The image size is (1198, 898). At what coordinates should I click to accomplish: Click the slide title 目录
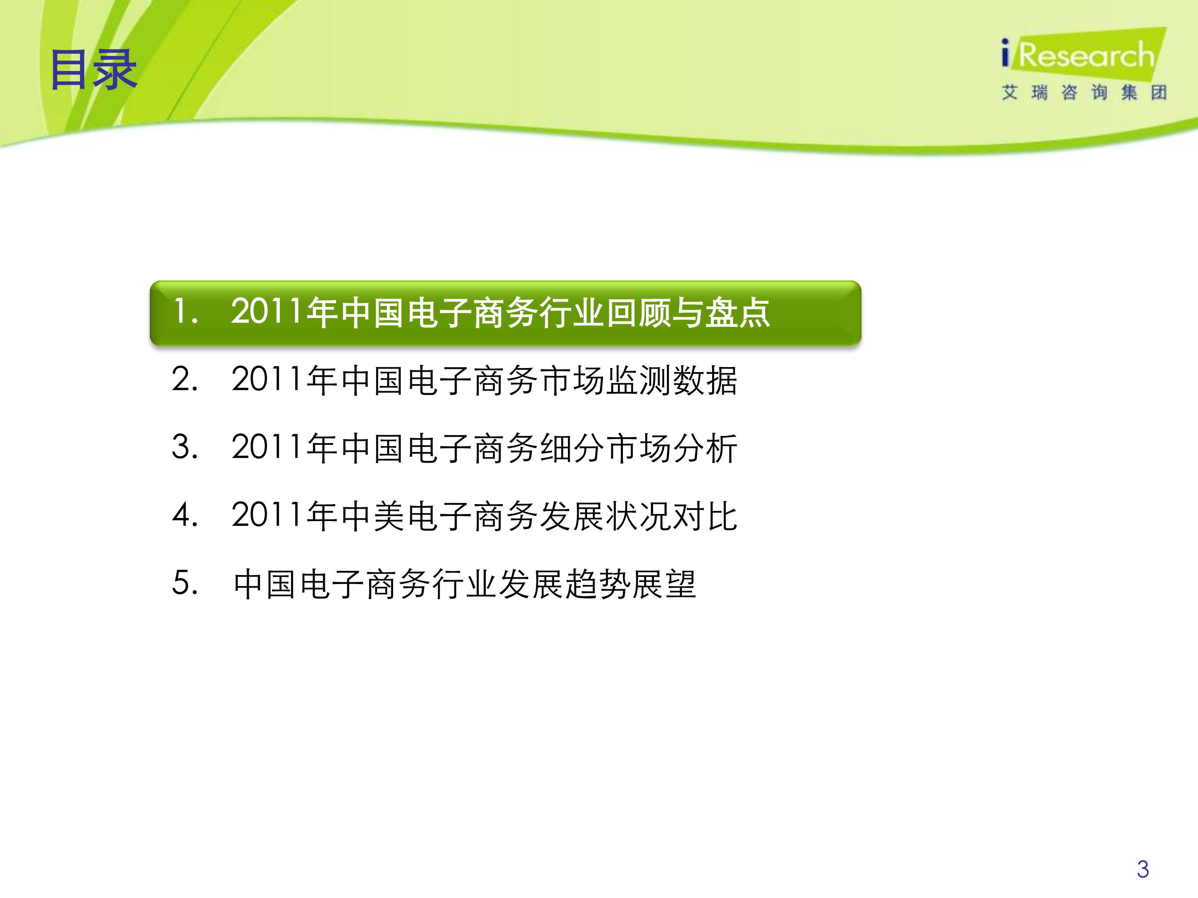94,70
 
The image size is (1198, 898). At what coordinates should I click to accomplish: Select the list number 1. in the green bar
185,312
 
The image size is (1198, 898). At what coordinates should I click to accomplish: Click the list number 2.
185,380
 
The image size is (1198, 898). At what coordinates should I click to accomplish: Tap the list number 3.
185,447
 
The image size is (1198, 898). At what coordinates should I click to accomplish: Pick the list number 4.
185,515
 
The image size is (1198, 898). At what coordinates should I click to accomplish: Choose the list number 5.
185,584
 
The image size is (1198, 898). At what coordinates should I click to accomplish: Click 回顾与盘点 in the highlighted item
687,313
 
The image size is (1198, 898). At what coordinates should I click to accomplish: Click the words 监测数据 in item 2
672,380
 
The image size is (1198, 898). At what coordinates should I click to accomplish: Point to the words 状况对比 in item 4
672,516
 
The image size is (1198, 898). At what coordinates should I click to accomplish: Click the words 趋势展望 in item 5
631,584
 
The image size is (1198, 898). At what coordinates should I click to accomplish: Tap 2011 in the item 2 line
267,380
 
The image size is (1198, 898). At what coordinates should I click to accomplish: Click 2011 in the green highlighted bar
267,312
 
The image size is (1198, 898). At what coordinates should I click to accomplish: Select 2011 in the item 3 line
267,447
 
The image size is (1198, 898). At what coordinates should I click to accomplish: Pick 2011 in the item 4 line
267,515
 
